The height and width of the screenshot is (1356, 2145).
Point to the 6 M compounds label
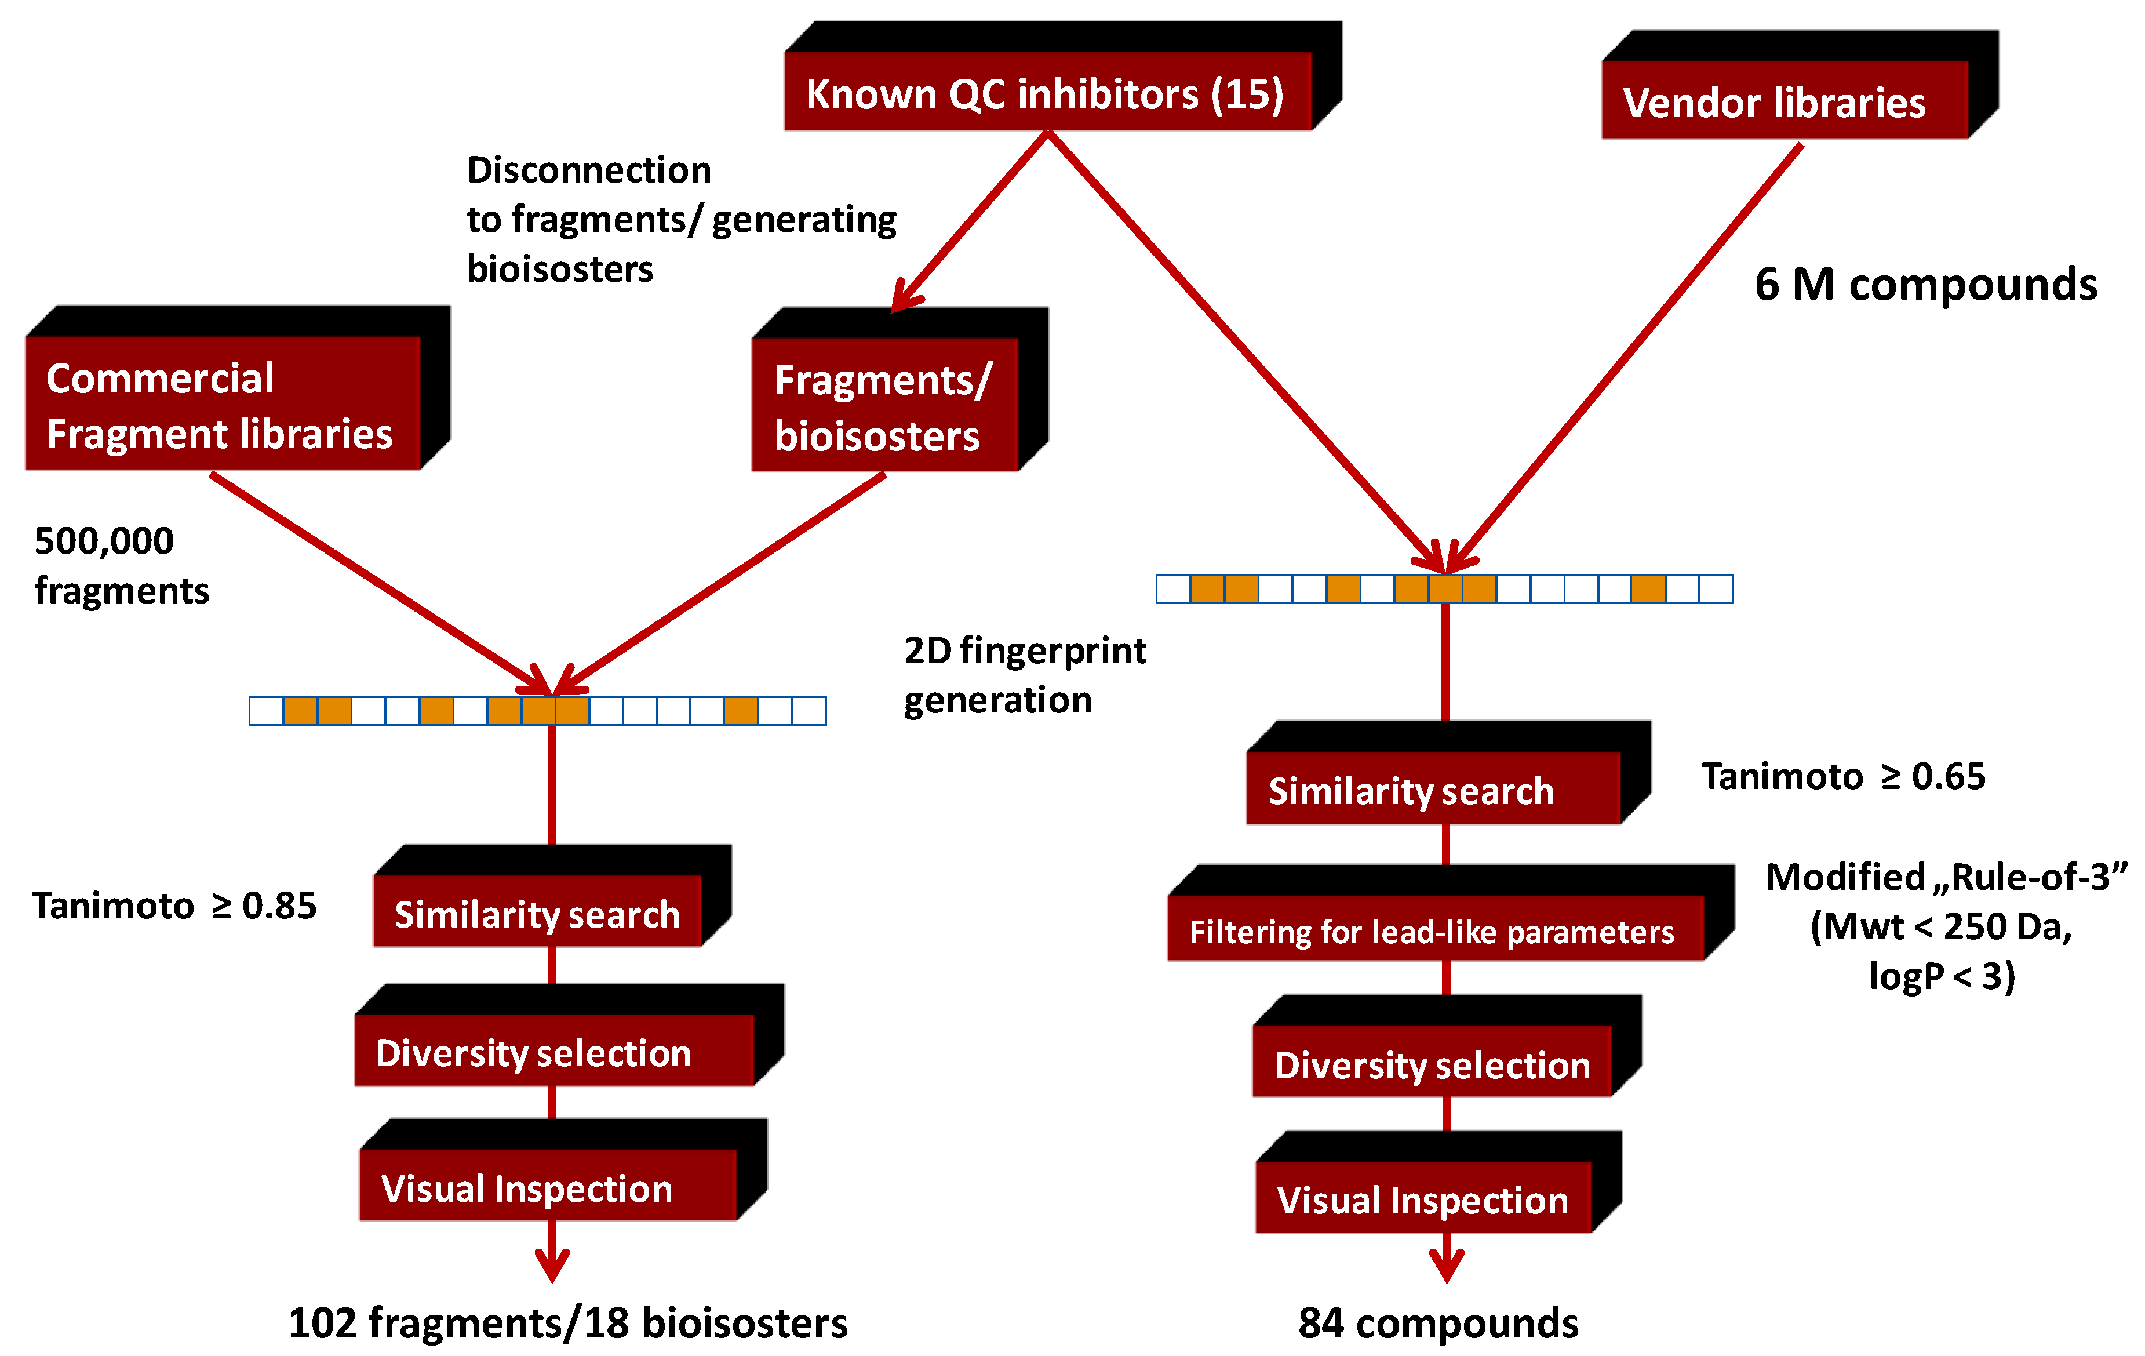pos(1925,284)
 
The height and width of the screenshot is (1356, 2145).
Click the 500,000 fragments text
pos(120,565)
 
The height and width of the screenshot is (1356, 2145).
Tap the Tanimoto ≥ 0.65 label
pos(1842,776)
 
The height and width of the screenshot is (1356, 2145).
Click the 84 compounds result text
pos(1438,1322)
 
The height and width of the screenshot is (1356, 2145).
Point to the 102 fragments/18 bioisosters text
pos(567,1322)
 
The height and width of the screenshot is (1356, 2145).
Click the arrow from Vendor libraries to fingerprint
pos(1630,357)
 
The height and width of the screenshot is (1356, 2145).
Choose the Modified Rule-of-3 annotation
pos(1944,926)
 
